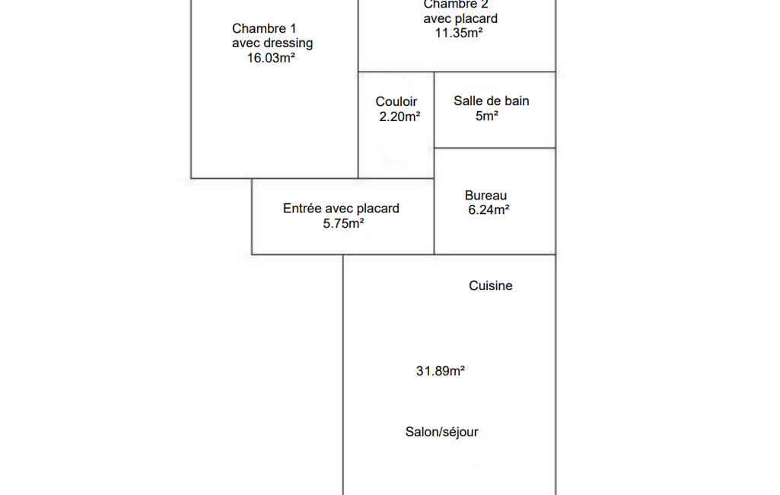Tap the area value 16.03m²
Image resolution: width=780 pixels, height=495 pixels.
point(271,57)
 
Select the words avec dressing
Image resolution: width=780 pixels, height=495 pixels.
point(272,43)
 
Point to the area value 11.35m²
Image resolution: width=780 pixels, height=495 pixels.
point(459,33)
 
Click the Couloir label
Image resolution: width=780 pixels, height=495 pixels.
point(396,102)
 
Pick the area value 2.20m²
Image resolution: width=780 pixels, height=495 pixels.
point(400,117)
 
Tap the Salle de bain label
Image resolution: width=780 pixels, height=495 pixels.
point(492,101)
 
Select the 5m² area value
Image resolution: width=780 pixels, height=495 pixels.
point(487,116)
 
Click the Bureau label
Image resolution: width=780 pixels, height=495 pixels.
point(486,196)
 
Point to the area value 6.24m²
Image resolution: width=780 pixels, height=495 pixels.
point(489,210)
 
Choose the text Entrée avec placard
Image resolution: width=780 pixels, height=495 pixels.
point(341,209)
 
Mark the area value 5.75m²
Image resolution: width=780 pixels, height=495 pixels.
point(343,223)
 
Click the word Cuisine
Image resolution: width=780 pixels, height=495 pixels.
point(491,286)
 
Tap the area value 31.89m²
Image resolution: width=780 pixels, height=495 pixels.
point(441,371)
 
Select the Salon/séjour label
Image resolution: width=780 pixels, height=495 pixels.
point(441,432)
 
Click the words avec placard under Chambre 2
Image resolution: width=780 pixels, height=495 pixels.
point(460,18)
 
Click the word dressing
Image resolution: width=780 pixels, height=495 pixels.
point(286,43)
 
